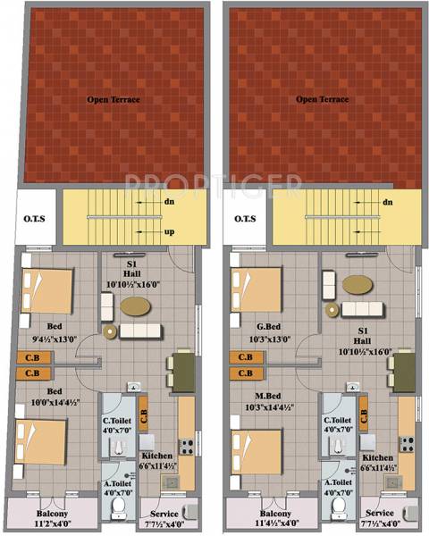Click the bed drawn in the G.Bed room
254,288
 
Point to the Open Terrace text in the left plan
113,99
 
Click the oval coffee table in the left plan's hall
135,305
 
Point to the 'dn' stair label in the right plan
387,202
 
